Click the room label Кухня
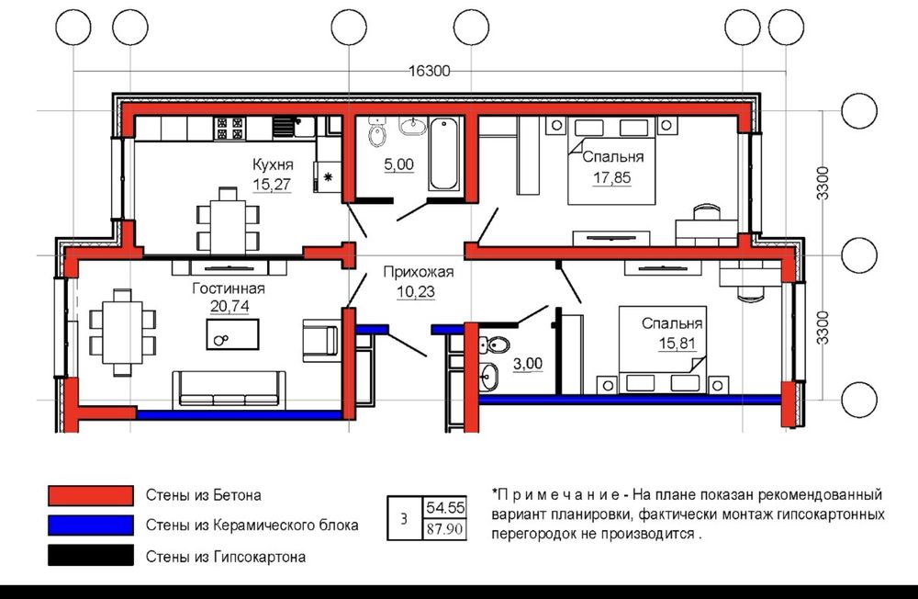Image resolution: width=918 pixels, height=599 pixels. click(273, 164)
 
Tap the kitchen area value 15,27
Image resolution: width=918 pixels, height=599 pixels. click(272, 184)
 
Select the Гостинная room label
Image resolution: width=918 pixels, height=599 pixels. click(229, 288)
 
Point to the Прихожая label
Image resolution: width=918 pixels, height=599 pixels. click(418, 272)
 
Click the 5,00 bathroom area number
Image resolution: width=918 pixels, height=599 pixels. click(398, 164)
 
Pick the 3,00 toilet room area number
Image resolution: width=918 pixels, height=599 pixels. click(528, 364)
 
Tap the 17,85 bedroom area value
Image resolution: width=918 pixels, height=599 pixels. click(611, 177)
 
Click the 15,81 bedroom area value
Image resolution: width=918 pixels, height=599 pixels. click(677, 343)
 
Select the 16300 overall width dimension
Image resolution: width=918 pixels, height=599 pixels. click(429, 71)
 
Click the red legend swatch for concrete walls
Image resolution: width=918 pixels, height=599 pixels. click(91, 495)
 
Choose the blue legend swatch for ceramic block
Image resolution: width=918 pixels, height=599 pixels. click(91, 526)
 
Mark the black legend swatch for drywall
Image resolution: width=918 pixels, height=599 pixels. click(91, 556)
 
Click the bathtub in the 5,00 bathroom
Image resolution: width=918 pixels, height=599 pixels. click(443, 153)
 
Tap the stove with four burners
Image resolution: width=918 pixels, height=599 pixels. click(229, 129)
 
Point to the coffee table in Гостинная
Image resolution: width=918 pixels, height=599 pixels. click(232, 334)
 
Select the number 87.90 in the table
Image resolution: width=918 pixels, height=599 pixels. click(445, 529)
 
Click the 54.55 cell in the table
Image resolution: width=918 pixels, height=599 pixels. click(445, 507)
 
